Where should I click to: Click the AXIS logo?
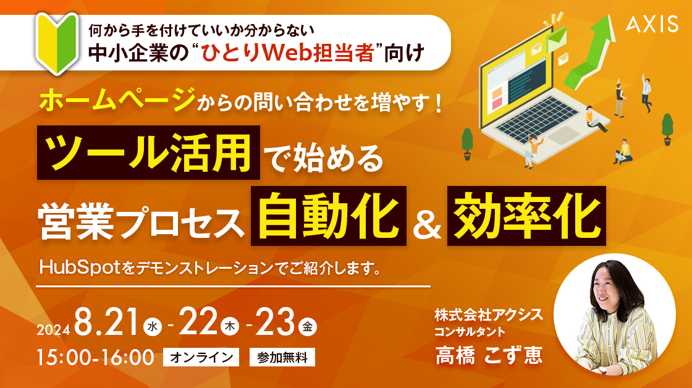pos(652,24)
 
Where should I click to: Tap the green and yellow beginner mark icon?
pos(57,43)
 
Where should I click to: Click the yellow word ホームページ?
pos(117,99)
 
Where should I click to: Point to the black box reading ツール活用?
pos(148,153)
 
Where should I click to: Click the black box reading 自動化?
pos(328,216)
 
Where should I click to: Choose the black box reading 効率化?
pos(526,216)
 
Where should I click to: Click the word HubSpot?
pos(80,268)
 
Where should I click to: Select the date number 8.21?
pos(107,323)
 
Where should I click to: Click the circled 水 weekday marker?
pos(153,327)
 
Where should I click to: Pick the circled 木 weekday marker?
pos(229,327)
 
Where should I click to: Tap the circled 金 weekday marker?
pos(308,327)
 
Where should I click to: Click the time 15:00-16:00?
pos(95,358)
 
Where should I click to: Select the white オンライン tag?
pos(201,357)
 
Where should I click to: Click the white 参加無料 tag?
pos(282,357)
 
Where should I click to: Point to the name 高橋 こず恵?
pos(489,355)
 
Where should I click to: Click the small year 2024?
pos(53,330)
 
